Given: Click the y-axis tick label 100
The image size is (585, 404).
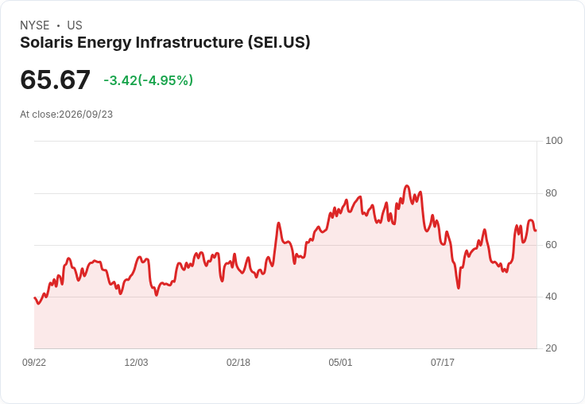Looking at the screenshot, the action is coord(554,141).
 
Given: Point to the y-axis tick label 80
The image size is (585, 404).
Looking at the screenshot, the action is coord(551,193).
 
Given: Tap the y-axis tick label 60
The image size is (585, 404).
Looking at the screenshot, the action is coord(551,245).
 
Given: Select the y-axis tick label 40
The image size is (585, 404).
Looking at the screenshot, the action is coord(551,297).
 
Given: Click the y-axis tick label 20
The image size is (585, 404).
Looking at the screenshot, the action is coord(551,348).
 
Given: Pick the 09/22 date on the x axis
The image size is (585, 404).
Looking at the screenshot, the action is coord(34,363).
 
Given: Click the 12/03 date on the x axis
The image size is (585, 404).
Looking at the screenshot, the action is coord(136,363).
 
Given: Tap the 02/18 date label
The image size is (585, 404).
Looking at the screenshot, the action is coord(238,363).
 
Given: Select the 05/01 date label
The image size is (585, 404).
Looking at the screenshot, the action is coord(340,363).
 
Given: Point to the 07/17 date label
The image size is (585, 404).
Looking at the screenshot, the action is coord(443,363).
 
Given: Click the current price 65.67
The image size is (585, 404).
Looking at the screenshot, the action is coord(55,80).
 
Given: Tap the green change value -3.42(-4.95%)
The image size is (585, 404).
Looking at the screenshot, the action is coord(148,80).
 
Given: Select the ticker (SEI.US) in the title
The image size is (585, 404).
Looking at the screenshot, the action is coord(279,43).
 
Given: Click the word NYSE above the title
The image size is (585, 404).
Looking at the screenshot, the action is coord(35,25).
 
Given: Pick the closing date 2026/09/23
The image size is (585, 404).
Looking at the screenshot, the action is coord(86,115).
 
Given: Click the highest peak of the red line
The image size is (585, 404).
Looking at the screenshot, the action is coord(407,185).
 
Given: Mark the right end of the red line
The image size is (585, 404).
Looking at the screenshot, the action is coord(537,231).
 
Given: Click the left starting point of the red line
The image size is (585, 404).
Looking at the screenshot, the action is coord(34,297).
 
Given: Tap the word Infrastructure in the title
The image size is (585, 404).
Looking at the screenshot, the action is coord(189,43).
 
